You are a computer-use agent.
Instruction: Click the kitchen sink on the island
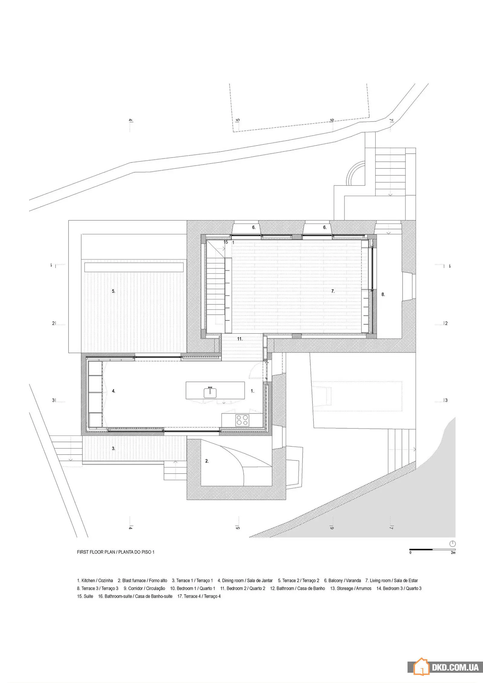[210, 392]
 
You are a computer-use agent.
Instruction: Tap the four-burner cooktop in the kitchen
[242, 420]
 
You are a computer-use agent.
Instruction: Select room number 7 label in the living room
[333, 291]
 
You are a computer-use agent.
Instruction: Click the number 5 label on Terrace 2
[114, 291]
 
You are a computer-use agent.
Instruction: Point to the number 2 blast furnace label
[207, 461]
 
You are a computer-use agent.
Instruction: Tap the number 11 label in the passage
[240, 339]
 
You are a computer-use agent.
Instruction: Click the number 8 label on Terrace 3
[383, 294]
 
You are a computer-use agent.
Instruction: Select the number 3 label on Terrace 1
[114, 448]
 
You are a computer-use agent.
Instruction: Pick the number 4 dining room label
[114, 391]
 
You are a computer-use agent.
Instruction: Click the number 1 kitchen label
[252, 391]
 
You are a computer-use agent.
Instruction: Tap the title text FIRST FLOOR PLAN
[96, 552]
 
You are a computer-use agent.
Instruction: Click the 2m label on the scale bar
[453, 553]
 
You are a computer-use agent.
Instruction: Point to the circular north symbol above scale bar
[453, 544]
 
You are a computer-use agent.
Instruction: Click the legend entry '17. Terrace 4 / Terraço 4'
[199, 596]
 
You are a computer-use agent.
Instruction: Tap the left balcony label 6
[254, 227]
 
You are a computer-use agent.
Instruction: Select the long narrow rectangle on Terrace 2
[134, 267]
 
